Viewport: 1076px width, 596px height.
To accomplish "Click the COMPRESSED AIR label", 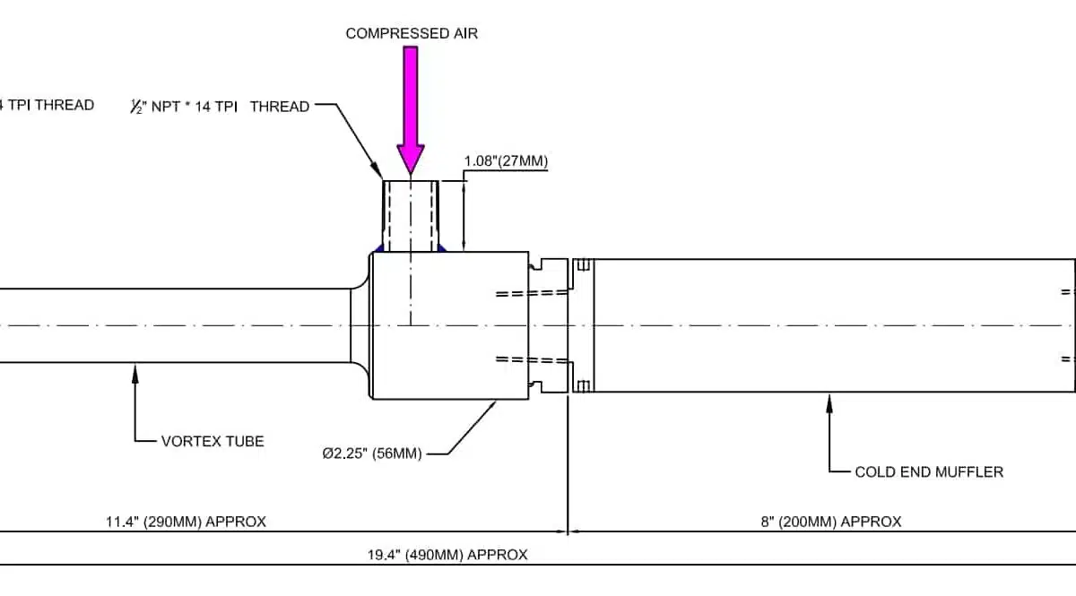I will pyautogui.click(x=412, y=34).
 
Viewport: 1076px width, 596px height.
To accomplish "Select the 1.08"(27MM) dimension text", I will pyautogui.click(x=505, y=161).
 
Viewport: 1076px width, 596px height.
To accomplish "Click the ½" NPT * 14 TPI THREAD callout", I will pyautogui.click(x=220, y=107).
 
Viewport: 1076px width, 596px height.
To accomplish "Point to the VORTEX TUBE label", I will pyautogui.click(x=213, y=441).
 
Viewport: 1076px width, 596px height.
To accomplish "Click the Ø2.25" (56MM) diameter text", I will pyautogui.click(x=372, y=453).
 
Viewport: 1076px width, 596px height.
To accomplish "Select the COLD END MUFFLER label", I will pyautogui.click(x=929, y=471).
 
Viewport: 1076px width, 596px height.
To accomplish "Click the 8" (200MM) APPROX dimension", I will pyautogui.click(x=831, y=522).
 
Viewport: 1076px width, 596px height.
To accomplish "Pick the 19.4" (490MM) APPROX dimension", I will pyautogui.click(x=447, y=555).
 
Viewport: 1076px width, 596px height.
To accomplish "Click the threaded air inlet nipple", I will pyautogui.click(x=411, y=215).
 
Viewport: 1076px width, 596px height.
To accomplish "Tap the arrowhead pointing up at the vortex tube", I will pyautogui.click(x=135, y=369).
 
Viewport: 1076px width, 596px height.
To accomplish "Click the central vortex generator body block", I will pyautogui.click(x=448, y=325).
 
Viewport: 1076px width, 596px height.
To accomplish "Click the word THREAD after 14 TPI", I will pyautogui.click(x=280, y=107).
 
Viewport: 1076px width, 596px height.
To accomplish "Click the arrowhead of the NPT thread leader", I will pyautogui.click(x=379, y=175).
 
